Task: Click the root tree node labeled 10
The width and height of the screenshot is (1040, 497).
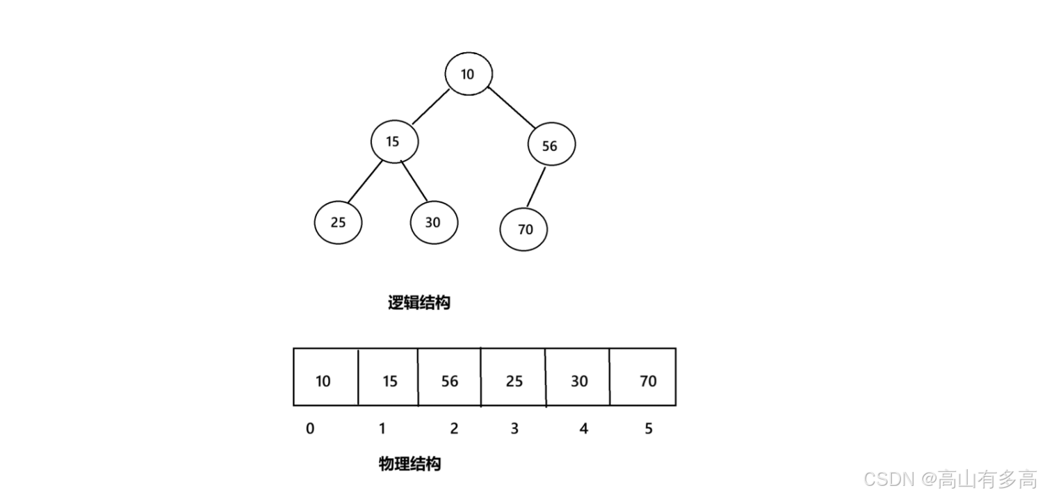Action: (x=469, y=74)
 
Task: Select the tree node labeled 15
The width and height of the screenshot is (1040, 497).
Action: (x=394, y=141)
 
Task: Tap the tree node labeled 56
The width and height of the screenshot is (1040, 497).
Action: (x=551, y=145)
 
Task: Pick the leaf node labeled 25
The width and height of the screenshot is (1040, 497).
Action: (x=339, y=222)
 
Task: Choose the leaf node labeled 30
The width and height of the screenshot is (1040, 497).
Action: (x=434, y=222)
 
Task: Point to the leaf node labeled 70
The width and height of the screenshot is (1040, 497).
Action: (x=524, y=229)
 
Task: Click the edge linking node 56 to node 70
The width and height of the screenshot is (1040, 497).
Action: (x=537, y=186)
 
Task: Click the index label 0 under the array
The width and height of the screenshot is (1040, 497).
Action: (x=310, y=429)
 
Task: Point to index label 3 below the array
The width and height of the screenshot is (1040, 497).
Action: (x=514, y=429)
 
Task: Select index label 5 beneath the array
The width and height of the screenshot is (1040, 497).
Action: (x=649, y=429)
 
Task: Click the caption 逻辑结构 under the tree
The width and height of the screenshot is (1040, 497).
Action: (x=419, y=303)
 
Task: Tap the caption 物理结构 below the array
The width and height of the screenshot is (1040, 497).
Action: (x=409, y=464)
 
